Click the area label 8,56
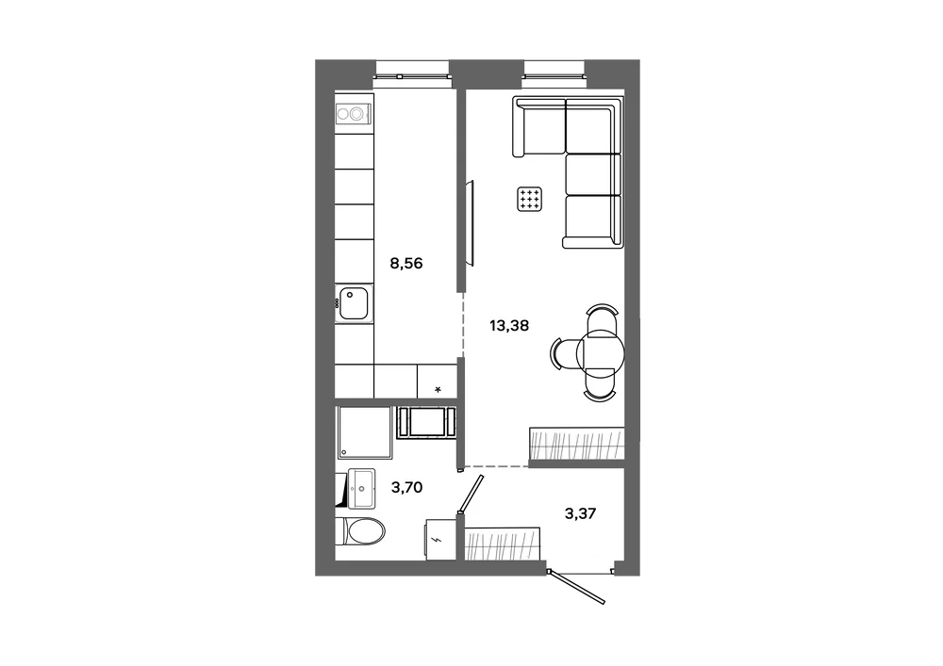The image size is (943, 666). (405, 263)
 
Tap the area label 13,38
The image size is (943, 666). (509, 326)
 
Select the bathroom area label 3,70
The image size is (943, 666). (406, 487)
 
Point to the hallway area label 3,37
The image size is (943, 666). (580, 513)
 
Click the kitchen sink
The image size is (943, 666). (354, 303)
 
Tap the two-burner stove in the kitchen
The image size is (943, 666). (353, 113)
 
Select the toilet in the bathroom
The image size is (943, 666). (359, 531)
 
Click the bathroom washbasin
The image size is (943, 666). (361, 488)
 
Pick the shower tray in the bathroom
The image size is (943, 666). (364, 432)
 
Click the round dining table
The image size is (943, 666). (600, 353)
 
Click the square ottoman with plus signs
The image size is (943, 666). (529, 199)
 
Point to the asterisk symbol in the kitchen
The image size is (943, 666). (438, 390)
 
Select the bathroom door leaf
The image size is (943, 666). (471, 494)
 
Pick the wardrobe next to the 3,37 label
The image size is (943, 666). (503, 544)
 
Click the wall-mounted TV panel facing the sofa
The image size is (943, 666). (471, 223)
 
